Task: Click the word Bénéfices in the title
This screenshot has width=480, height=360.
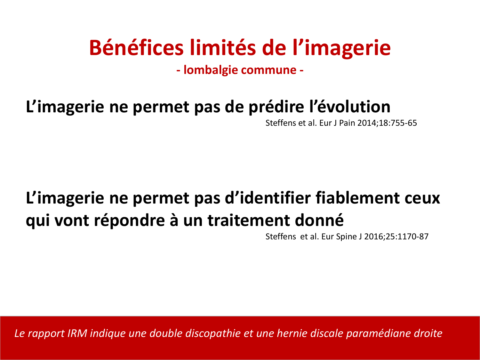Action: coord(136,48)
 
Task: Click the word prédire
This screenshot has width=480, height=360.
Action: coord(276,107)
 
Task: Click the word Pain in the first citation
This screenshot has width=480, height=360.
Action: coord(347,123)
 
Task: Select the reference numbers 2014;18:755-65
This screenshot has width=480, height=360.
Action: coord(387,123)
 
